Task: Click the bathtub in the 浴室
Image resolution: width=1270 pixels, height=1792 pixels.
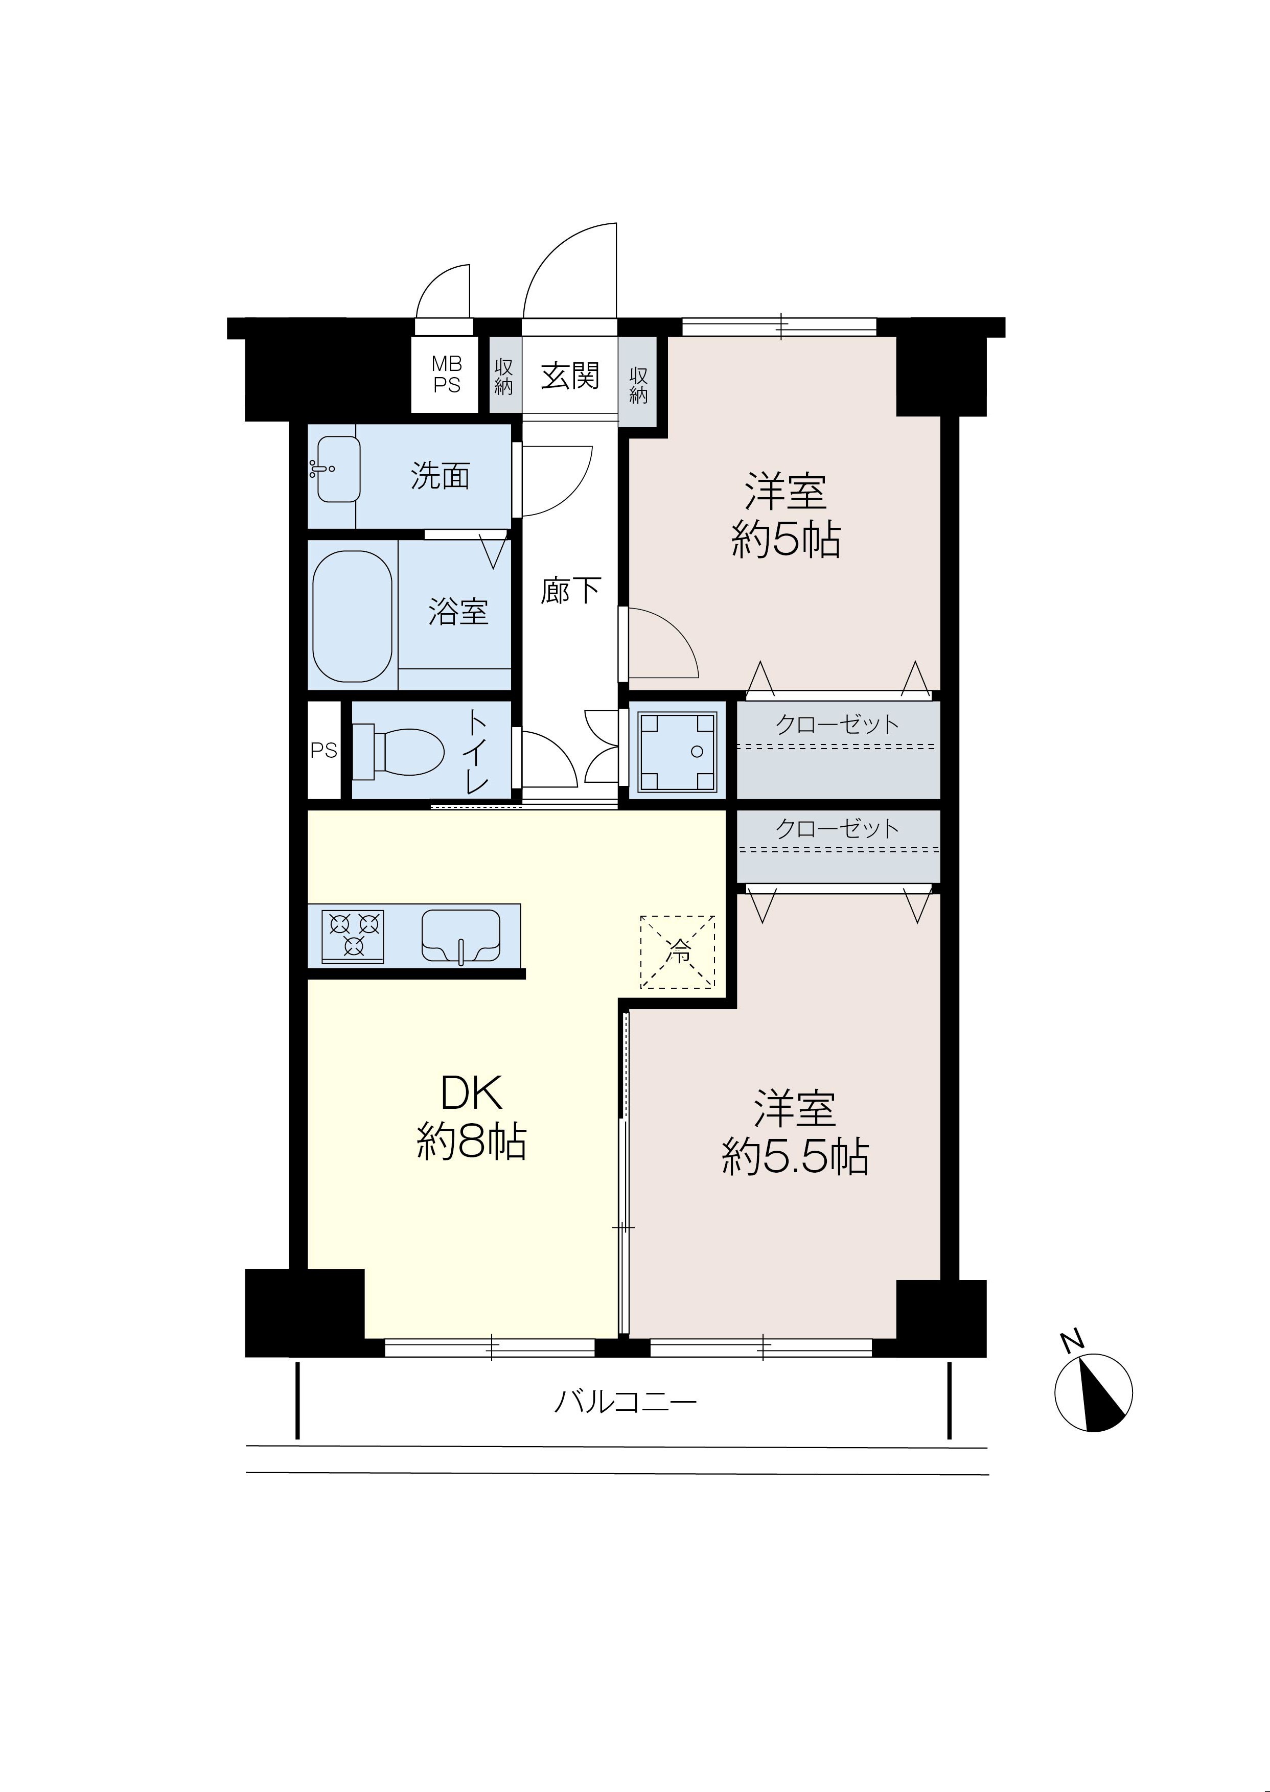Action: pos(352,615)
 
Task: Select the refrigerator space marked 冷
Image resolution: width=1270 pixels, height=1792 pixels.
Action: pos(677,951)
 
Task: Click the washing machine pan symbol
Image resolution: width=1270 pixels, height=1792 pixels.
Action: pos(677,751)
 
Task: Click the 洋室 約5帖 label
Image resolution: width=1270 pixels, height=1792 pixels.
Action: pos(786,515)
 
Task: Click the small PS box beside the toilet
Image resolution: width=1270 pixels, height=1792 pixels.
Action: pos(324,751)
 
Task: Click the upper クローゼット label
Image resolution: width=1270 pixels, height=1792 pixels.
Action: pos(838,724)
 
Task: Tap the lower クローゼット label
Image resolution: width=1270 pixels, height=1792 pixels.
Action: pos(838,829)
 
